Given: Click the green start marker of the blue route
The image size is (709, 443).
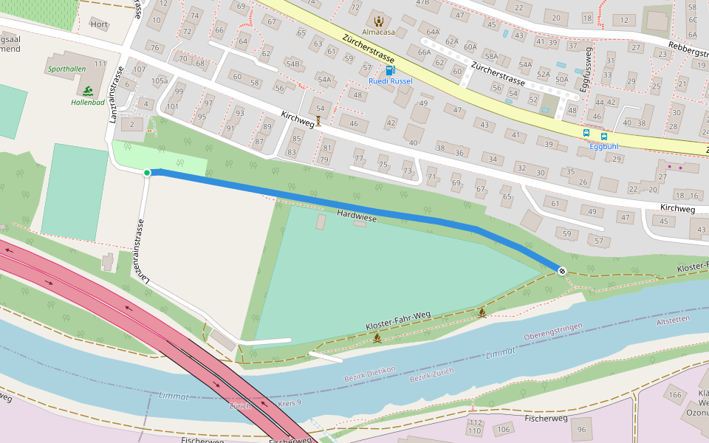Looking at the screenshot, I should point(147,173).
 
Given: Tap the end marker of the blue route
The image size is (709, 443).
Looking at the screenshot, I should point(562,271).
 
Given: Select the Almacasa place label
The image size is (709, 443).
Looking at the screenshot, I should point(378,32).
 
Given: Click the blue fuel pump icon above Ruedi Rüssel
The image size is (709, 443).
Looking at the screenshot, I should point(390,70).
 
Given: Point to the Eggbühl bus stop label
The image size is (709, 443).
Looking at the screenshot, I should point(603,146).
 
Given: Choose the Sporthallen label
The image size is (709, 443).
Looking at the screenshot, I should point(66,68).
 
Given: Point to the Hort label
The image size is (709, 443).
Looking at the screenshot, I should point(98,24).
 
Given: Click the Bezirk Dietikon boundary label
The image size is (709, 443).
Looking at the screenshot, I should point(370,374).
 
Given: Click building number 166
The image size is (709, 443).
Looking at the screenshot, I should point(676,396).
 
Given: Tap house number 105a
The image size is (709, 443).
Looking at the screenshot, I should point(159,81).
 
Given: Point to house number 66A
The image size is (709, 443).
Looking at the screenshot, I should point(424,52).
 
